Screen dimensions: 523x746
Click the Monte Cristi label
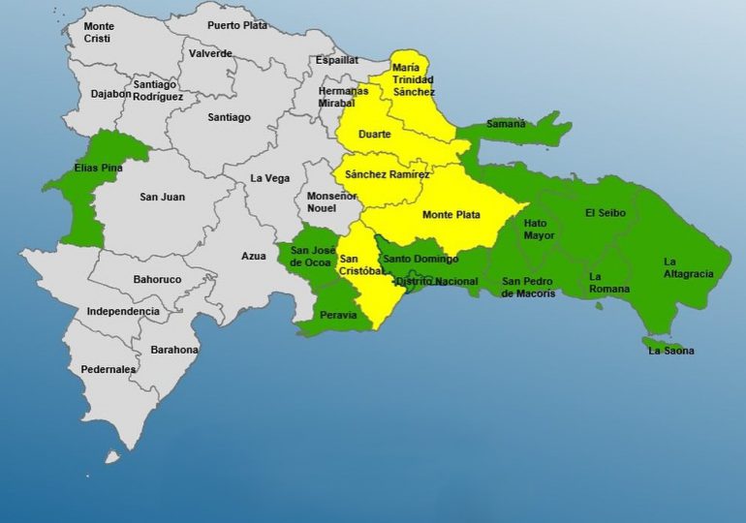(98, 32)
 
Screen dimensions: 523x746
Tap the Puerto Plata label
(237, 25)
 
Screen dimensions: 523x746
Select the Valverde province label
(211, 53)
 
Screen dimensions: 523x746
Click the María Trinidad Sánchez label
(413, 79)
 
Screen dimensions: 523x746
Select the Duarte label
(374, 135)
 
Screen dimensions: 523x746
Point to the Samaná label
(505, 124)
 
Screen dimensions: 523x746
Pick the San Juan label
(162, 198)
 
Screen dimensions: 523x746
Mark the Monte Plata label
(449, 213)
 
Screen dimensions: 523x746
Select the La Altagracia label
(688, 267)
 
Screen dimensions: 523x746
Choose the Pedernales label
(109, 369)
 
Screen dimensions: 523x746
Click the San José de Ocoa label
(313, 256)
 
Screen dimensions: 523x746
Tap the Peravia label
(337, 315)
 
